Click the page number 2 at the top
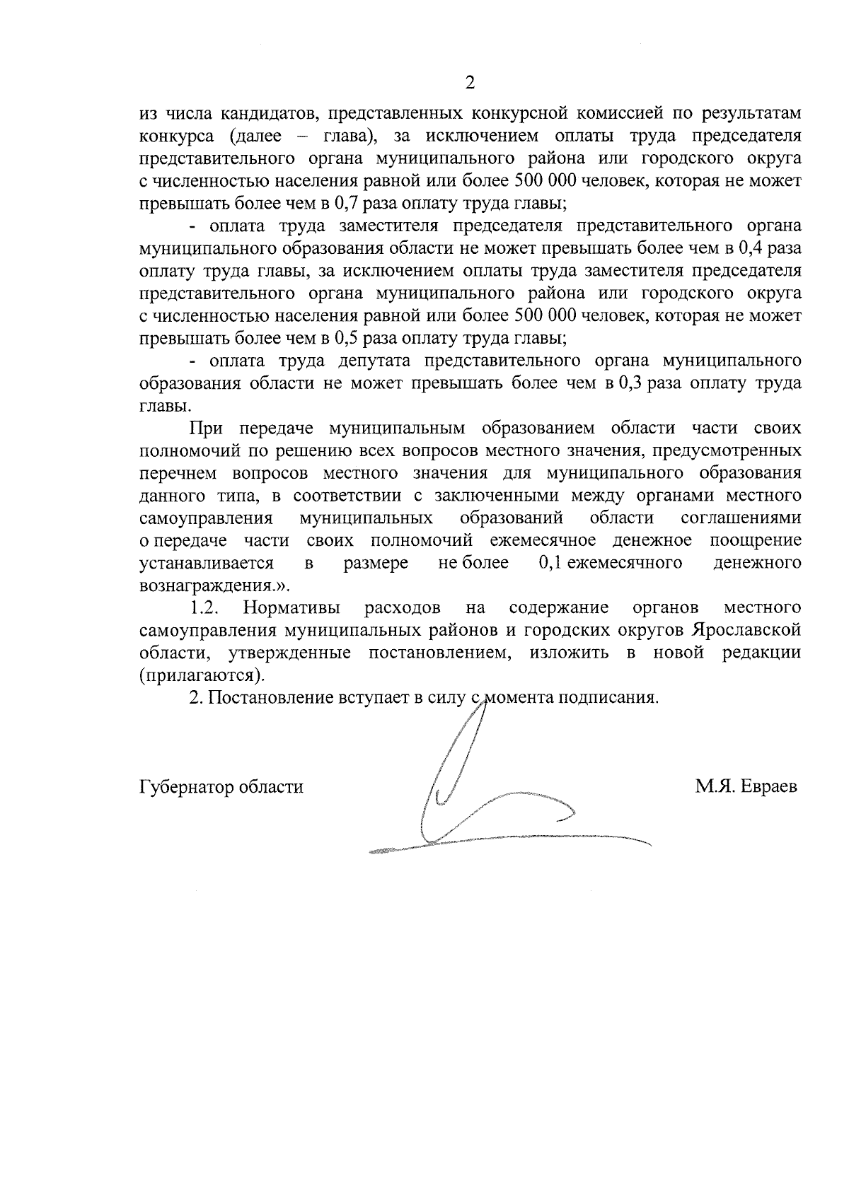(470, 83)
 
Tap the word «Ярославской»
(747, 629)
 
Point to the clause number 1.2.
(204, 607)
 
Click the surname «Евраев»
(769, 787)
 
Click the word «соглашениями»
(741, 518)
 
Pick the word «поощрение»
(755, 540)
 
